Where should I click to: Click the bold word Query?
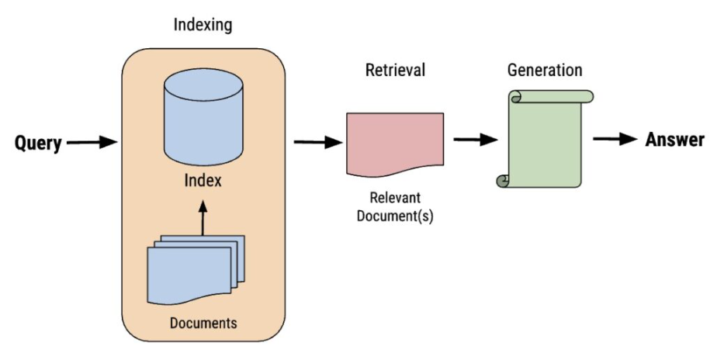[x=38, y=143]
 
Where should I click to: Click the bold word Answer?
[x=674, y=140]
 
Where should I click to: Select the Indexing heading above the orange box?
[x=202, y=26]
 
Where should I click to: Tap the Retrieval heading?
[x=395, y=71]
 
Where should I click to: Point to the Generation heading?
[x=545, y=70]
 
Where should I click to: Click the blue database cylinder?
[x=203, y=124]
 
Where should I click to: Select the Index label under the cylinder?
[x=203, y=182]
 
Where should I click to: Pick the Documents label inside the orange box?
[x=203, y=321]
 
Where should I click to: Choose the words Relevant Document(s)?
[x=395, y=207]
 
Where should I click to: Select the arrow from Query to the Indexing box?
[x=91, y=143]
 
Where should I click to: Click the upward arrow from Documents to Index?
[x=203, y=218]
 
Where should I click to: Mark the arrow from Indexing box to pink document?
[x=318, y=143]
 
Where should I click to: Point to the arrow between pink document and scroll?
[x=475, y=140]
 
